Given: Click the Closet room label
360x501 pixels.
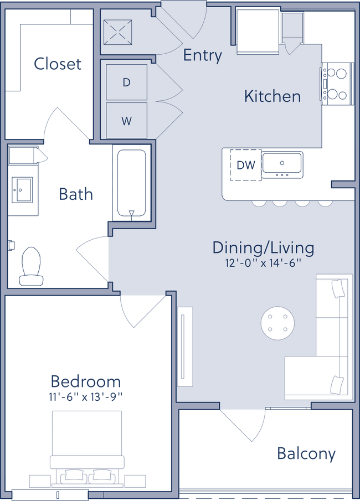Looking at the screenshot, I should point(57,64).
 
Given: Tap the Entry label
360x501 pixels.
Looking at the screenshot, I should point(202,55).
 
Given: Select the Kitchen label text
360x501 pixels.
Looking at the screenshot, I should point(272,96).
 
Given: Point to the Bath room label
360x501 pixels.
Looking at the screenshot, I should point(76,194).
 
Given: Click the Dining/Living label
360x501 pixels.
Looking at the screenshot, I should point(263,247).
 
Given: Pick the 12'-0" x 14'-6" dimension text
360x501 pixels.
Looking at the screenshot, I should point(263,263).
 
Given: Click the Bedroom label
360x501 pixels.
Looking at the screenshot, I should point(85,381).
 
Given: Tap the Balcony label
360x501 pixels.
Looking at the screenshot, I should point(306,454).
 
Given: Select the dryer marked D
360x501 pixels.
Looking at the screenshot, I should point(126,82).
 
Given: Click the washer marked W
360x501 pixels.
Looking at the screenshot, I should point(126,121).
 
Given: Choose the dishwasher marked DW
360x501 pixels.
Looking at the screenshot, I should point(245,165).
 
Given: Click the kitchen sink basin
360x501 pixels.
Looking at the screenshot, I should point(282,163).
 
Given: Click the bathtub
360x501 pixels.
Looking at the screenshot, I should point(131,183).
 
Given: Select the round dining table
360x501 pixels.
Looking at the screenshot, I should point(277,324).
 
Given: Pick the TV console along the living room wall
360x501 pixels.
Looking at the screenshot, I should point(185,347).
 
